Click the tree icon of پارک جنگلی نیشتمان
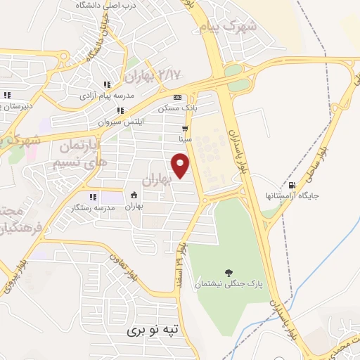228,272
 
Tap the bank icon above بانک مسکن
177,97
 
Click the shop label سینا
186,139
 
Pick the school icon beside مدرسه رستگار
92,198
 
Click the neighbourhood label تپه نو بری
157,328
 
